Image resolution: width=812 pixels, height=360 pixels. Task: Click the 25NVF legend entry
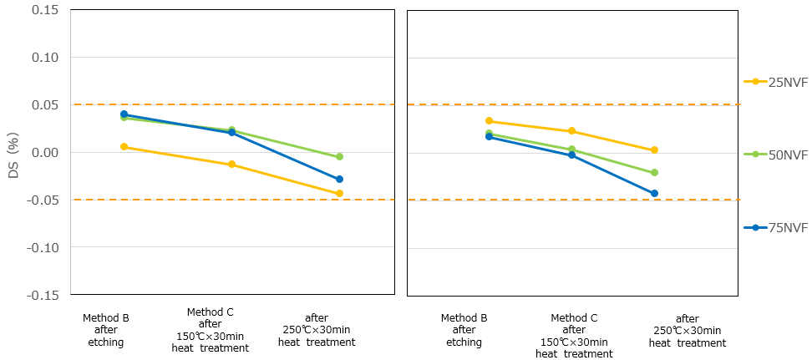776,81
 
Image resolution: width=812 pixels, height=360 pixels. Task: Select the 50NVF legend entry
776,155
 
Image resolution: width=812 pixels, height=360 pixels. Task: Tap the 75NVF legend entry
776,228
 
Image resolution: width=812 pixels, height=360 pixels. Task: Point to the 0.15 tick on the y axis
43,10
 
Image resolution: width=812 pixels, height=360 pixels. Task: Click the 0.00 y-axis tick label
43,153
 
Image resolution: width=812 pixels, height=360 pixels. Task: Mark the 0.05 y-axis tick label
43,105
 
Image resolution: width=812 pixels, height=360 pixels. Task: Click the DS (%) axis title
13,153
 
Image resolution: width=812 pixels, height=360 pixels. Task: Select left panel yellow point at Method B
124,147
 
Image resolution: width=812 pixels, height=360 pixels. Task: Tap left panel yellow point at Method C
231,165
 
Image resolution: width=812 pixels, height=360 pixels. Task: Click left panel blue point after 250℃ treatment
339,180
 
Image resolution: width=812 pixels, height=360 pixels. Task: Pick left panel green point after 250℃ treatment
339,157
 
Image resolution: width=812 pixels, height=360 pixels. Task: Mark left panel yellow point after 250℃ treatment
339,194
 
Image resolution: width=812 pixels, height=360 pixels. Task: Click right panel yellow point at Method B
489,121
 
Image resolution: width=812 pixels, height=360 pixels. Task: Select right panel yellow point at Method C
571,131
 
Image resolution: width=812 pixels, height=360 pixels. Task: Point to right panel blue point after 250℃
654,194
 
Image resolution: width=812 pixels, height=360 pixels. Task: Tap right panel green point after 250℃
654,173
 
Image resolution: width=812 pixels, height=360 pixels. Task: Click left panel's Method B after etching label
105,330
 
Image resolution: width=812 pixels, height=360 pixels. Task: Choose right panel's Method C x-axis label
574,336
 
